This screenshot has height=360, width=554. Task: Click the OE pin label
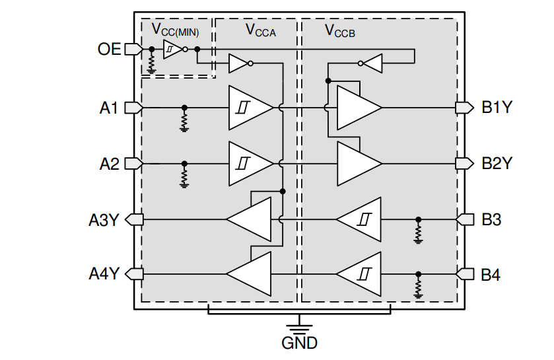click(x=109, y=49)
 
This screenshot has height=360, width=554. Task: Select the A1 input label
click(x=109, y=108)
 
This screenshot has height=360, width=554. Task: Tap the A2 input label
click(x=109, y=164)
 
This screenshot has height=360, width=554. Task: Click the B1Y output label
click(x=497, y=108)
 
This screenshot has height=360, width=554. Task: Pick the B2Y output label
click(x=497, y=164)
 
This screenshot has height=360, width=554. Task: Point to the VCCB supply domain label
click(x=339, y=30)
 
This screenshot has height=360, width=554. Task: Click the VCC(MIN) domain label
click(x=175, y=30)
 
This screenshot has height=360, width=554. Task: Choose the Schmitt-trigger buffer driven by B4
click(x=359, y=274)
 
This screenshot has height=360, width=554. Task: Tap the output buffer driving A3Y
click(x=250, y=219)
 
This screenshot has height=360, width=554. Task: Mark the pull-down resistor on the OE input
click(x=152, y=62)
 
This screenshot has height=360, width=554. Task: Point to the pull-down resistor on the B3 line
click(x=417, y=232)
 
